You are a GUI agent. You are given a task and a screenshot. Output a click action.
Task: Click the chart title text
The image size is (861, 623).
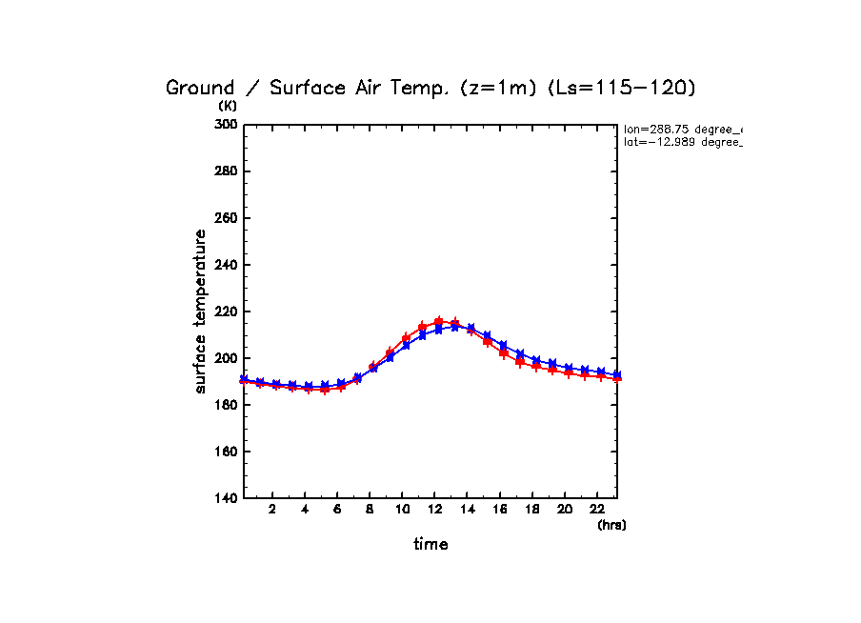pyautogui.click(x=431, y=88)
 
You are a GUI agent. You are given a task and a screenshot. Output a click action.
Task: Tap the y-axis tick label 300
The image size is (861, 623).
pyautogui.click(x=226, y=125)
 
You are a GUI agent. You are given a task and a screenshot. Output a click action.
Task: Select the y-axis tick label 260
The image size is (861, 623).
pyautogui.click(x=226, y=218)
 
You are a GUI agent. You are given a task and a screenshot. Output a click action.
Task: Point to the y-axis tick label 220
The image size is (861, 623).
pyautogui.click(x=226, y=311)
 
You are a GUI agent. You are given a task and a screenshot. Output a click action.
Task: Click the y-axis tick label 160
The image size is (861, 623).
pyautogui.click(x=226, y=452)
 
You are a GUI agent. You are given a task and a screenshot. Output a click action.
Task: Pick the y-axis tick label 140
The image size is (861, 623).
pyautogui.click(x=226, y=498)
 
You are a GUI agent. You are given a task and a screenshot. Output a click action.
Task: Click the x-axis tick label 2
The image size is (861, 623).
pyautogui.click(x=272, y=509)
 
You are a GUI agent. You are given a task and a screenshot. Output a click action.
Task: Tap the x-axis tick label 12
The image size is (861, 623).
pyautogui.click(x=435, y=509)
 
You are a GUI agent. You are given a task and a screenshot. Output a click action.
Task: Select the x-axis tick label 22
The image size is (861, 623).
pyautogui.click(x=597, y=509)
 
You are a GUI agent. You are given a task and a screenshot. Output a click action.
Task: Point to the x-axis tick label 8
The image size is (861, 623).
pyautogui.click(x=370, y=509)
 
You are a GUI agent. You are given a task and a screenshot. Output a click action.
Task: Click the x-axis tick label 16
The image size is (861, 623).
pyautogui.click(x=500, y=509)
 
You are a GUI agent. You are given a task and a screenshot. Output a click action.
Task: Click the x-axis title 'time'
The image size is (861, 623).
pyautogui.click(x=430, y=545)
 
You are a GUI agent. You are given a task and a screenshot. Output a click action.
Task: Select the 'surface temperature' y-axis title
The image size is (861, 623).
pyautogui.click(x=201, y=311)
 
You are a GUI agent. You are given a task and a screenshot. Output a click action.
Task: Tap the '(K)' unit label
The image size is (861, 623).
pyautogui.click(x=227, y=106)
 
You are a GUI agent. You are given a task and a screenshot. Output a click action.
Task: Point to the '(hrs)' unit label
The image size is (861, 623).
pyautogui.click(x=611, y=525)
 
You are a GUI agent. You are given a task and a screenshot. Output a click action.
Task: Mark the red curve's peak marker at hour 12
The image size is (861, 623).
pyautogui.click(x=439, y=322)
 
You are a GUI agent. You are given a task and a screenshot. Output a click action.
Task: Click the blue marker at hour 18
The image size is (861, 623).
pyautogui.click(x=536, y=360)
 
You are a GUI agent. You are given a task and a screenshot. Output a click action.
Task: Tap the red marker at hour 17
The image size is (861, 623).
pyautogui.click(x=520, y=361)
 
